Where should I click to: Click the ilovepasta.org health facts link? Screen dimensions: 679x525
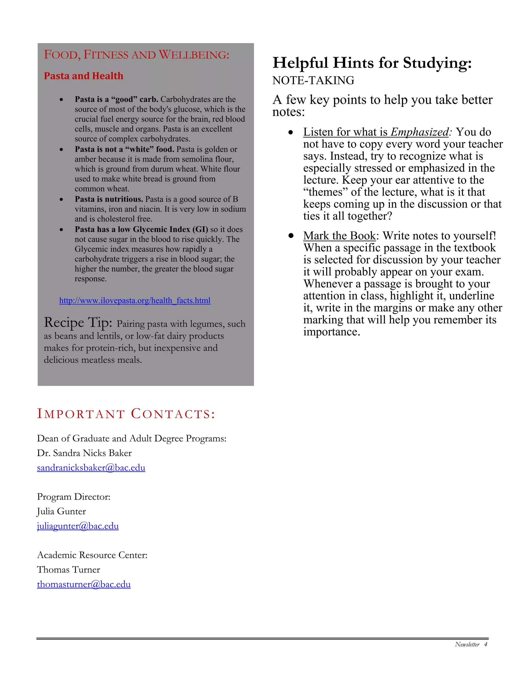(x=135, y=301)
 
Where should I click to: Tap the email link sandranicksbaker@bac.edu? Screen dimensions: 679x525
(x=91, y=468)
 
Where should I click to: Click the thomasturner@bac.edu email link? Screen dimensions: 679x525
(x=84, y=584)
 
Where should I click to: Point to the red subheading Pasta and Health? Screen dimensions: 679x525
(x=83, y=76)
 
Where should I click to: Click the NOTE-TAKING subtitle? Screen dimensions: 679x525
(x=313, y=80)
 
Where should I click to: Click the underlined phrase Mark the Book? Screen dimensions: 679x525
(x=339, y=236)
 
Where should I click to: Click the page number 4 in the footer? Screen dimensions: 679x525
(x=486, y=644)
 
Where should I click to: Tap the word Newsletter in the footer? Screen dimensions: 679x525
(x=467, y=644)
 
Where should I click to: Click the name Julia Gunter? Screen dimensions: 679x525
(x=61, y=511)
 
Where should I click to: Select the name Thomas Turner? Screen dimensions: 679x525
(x=68, y=570)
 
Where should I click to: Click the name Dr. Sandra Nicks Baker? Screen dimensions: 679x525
(x=84, y=453)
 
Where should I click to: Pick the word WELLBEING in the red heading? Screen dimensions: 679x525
(x=194, y=55)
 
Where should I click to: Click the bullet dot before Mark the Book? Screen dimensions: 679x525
(x=291, y=236)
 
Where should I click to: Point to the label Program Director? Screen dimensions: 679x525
(x=74, y=497)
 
